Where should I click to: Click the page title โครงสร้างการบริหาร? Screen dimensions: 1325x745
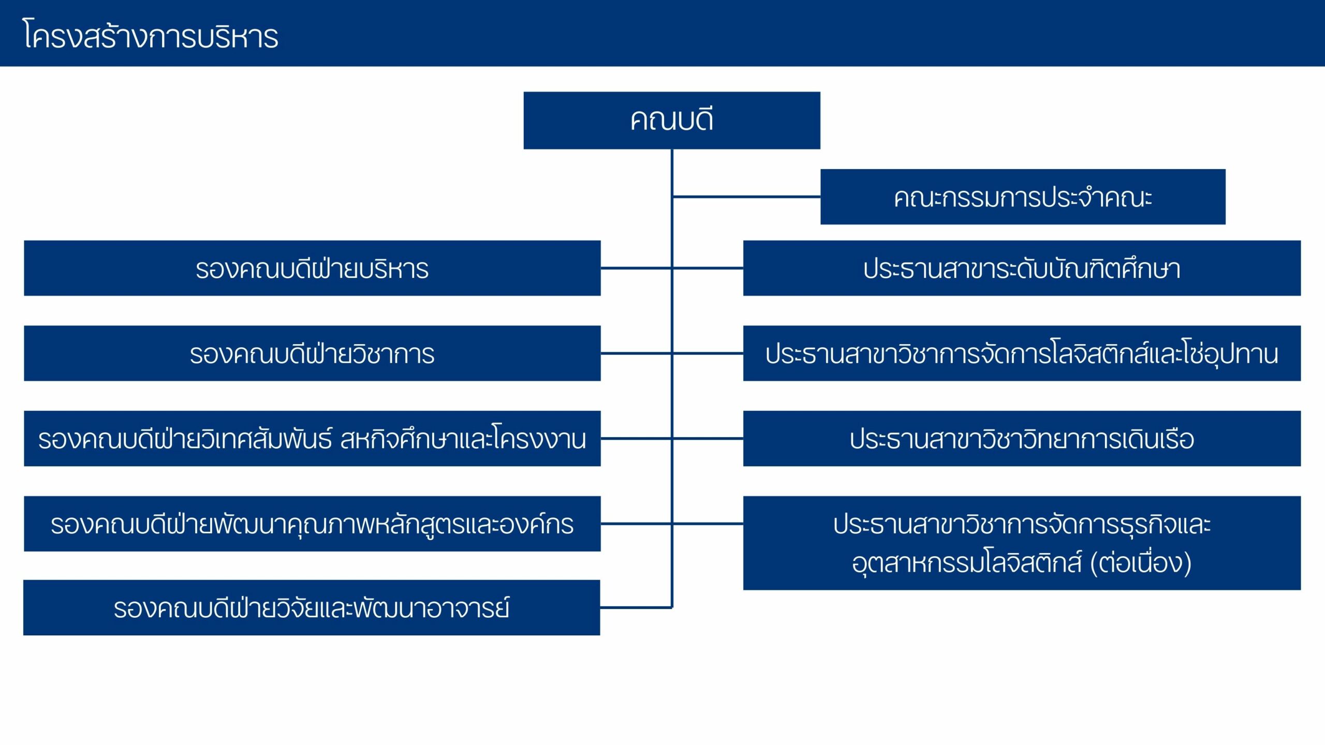[151, 35]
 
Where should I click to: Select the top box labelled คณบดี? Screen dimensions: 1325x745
[672, 121]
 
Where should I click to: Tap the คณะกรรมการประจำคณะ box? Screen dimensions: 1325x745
[1023, 197]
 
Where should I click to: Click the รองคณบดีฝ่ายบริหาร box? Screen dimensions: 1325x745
[312, 268]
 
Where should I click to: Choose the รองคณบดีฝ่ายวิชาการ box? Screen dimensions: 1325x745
[312, 353]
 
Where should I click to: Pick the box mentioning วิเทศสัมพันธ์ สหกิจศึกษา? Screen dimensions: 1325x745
[312, 438]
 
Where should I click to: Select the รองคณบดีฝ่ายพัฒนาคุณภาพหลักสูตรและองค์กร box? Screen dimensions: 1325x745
[312, 524]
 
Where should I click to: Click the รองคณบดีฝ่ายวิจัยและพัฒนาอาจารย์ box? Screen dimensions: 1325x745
[312, 607]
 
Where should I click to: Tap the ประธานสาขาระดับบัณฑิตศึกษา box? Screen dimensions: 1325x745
[1022, 268]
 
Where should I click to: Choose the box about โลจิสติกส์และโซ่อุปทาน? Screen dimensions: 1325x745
[1022, 353]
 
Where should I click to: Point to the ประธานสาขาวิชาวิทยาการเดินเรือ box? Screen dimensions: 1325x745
[1022, 438]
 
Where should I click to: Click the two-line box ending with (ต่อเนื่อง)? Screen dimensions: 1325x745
[1022, 543]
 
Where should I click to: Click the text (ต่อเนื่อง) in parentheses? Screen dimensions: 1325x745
[1141, 562]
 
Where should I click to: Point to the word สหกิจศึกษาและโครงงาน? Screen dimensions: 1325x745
[463, 439]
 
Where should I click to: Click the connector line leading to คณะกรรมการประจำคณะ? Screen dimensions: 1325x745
[746, 197]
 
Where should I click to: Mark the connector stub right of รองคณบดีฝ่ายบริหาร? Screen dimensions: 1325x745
[636, 268]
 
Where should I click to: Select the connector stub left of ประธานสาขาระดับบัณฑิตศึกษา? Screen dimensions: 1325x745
[708, 268]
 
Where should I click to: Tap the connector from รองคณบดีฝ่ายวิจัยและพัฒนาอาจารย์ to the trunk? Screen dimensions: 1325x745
[636, 607]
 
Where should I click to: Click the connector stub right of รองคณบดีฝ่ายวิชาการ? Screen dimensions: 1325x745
[636, 353]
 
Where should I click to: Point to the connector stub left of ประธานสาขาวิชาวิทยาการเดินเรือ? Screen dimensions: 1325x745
[708, 438]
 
